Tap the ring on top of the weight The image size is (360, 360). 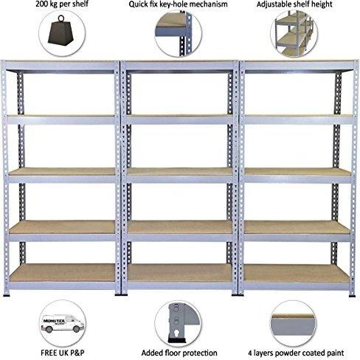(61, 18)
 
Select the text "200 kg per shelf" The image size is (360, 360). (62, 4)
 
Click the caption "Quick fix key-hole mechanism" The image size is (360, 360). (178, 4)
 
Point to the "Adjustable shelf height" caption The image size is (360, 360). (294, 4)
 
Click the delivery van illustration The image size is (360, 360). (63, 323)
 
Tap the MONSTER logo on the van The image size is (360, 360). (54, 321)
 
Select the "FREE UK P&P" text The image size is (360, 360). (63, 353)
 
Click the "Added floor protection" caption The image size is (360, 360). (179, 353)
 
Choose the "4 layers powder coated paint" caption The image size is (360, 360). (296, 353)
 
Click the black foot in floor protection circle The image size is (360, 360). (177, 341)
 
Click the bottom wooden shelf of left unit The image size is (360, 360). (63, 272)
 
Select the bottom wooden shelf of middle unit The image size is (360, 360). (180, 273)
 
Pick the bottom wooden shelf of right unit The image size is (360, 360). (296, 273)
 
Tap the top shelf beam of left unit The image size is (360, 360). (60, 66)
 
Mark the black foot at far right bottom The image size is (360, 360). (352, 295)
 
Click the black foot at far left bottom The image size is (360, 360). (7, 294)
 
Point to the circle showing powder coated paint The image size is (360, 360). (294, 324)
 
